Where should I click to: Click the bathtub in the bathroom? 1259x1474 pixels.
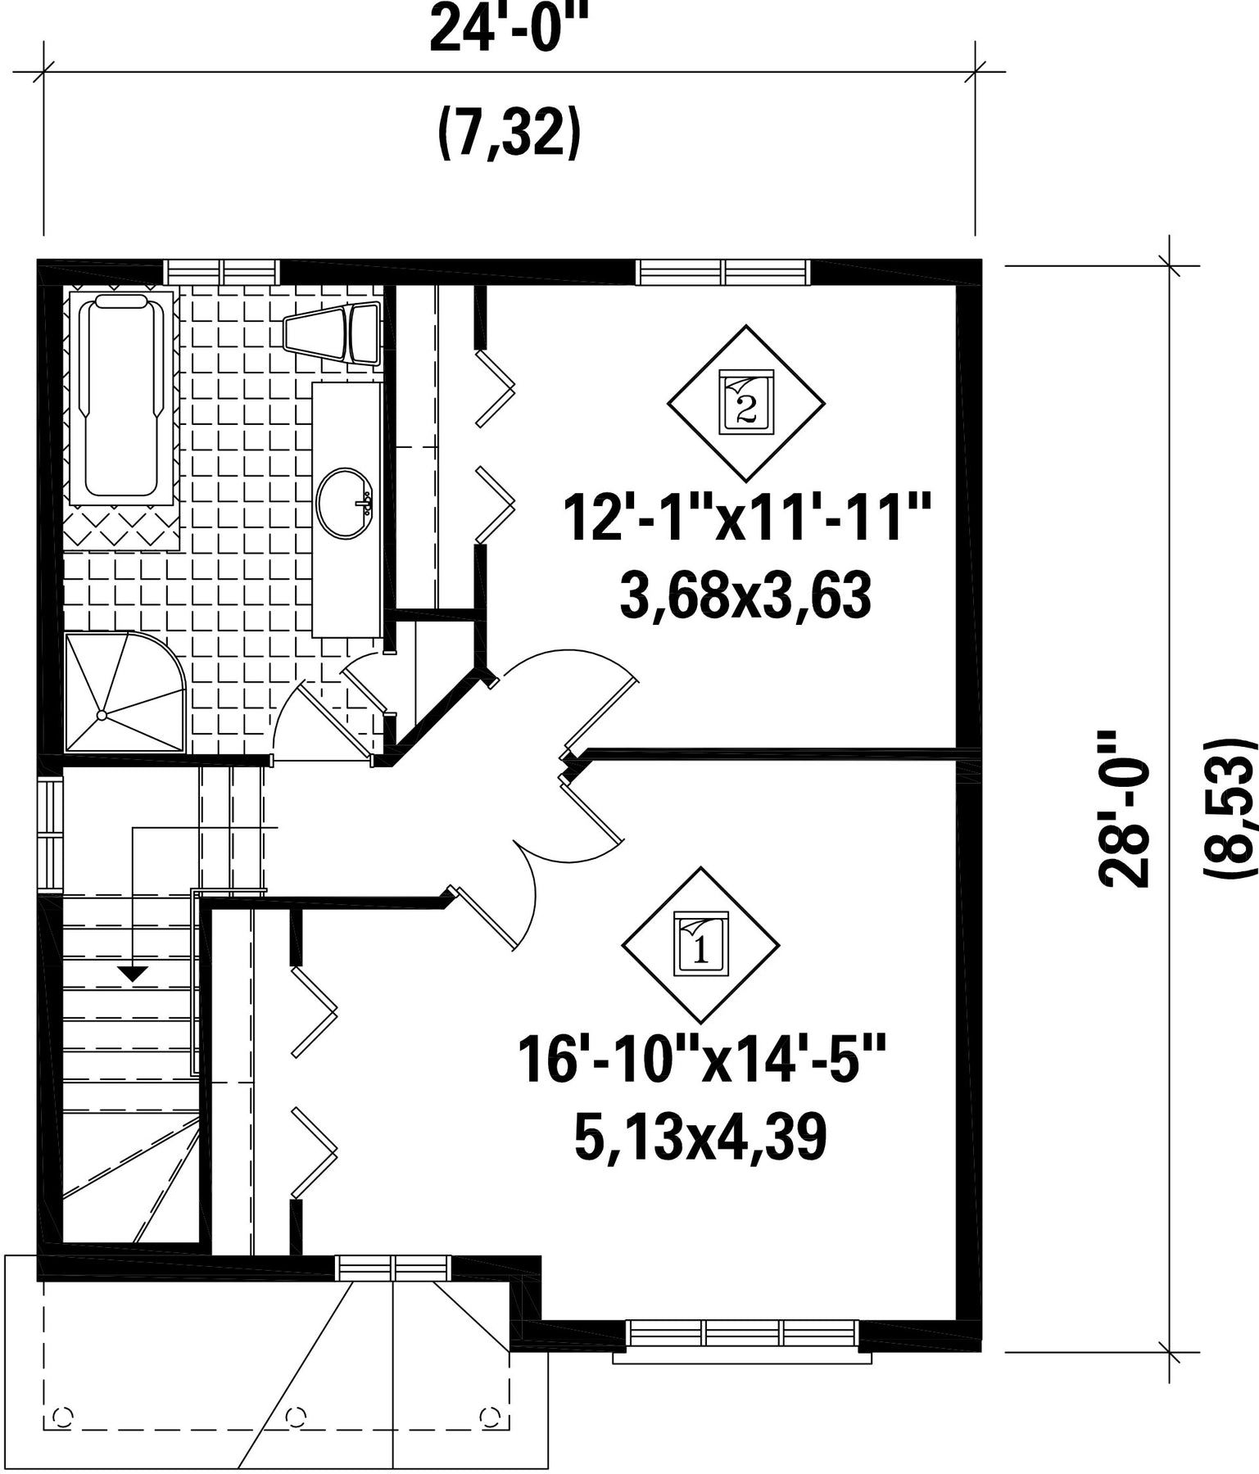click(x=122, y=397)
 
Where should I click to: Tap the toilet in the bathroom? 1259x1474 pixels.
click(x=333, y=332)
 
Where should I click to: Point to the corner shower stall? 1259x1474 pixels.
click(x=125, y=691)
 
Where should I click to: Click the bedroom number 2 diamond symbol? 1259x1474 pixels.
click(x=745, y=403)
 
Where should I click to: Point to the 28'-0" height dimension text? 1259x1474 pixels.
click(x=1125, y=809)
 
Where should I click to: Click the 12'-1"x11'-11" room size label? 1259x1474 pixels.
click(x=746, y=518)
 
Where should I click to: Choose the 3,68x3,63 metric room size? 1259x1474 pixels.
click(x=745, y=596)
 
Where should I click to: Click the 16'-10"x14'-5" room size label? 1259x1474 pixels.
click(x=701, y=1060)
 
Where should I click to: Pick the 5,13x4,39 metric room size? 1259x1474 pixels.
click(x=700, y=1137)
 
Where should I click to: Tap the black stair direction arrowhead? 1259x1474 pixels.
click(x=133, y=974)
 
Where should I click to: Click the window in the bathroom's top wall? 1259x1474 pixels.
click(x=221, y=271)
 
